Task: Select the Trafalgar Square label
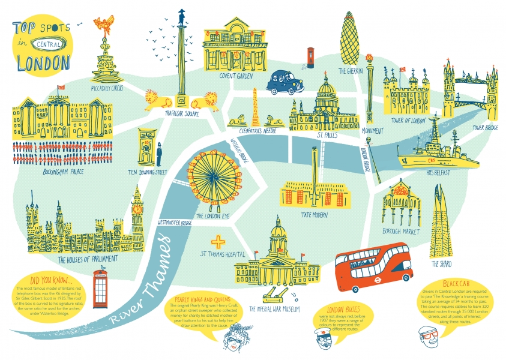[x=182, y=113]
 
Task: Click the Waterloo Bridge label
[x=239, y=150]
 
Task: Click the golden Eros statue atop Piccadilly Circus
[x=103, y=26]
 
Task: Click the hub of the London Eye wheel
[x=211, y=176]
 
